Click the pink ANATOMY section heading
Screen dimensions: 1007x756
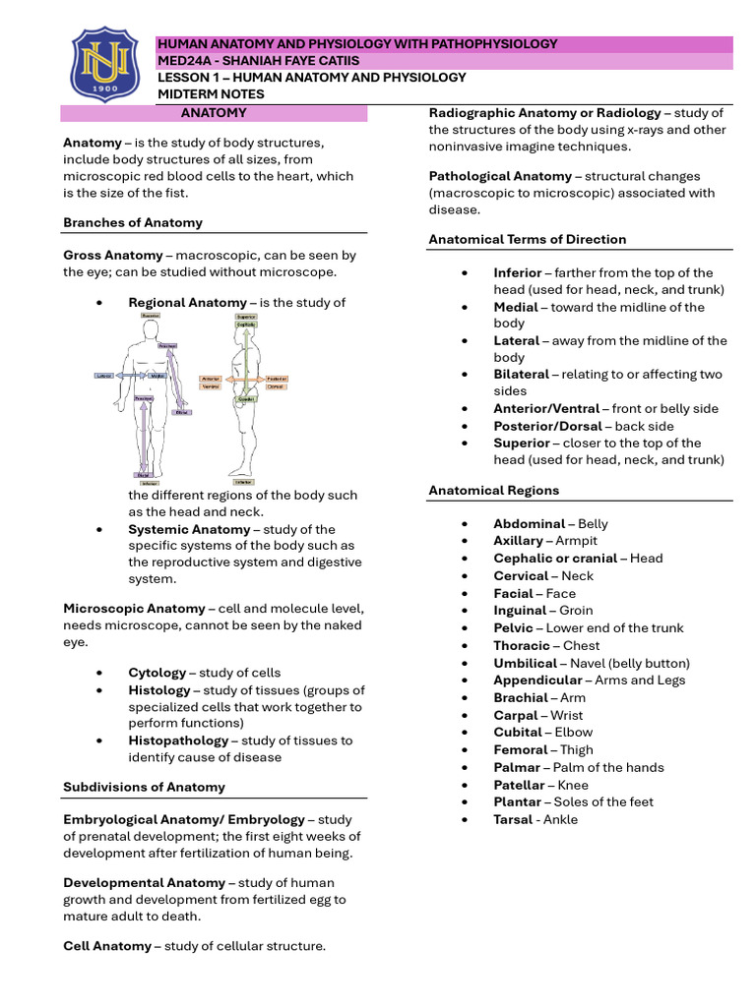tap(215, 113)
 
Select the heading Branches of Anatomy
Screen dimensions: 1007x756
tap(133, 222)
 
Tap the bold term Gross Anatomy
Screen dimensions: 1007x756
tap(113, 255)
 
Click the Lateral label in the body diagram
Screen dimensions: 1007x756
tap(104, 376)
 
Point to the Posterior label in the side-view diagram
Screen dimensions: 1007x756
tap(276, 378)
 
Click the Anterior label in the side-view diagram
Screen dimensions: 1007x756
tap(211, 378)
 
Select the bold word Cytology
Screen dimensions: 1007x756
tap(157, 673)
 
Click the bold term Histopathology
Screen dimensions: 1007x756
tap(177, 740)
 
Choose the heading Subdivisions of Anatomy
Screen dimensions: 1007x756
tap(144, 787)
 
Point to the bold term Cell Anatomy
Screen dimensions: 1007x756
tap(107, 946)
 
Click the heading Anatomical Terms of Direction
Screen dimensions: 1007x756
tap(527, 239)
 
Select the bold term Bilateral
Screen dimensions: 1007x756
tap(521, 375)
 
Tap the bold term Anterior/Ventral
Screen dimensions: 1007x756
tap(546, 408)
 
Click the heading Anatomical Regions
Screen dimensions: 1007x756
tap(493, 490)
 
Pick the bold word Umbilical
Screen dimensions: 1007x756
tap(525, 663)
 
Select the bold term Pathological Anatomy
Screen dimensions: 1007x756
tap(500, 176)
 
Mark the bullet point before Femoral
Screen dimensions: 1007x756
tap(466, 750)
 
